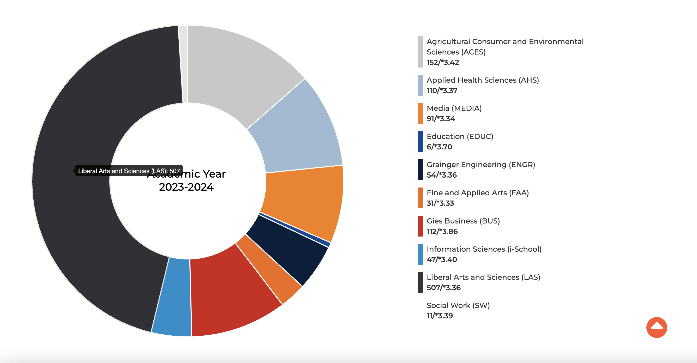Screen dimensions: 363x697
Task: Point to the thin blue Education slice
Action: click(295, 230)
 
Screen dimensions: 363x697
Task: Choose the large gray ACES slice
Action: click(238, 70)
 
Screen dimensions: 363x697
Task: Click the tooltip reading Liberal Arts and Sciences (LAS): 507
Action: click(129, 171)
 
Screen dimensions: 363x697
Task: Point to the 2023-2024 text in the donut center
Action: click(186, 187)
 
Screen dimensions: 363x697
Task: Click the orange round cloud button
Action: click(657, 327)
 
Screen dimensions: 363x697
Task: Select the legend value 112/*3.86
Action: click(442, 232)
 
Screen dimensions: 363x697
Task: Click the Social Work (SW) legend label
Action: click(458, 305)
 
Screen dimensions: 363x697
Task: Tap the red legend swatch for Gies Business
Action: click(420, 226)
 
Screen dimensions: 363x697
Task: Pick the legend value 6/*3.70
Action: click(439, 147)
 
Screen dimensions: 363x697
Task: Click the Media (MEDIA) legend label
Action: click(454, 108)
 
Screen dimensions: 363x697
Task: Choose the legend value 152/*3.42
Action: click(443, 63)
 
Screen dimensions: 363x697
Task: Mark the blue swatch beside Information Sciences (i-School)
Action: click(420, 254)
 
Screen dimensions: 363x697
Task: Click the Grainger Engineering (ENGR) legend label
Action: click(481, 165)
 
